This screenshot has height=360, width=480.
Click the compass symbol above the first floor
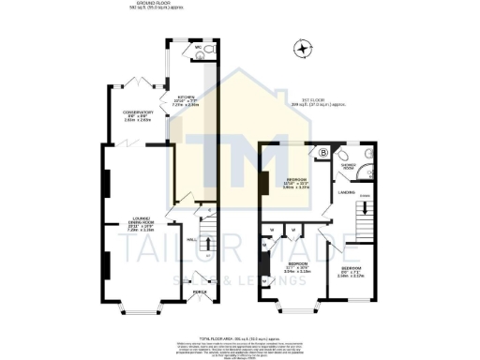click(x=302, y=47)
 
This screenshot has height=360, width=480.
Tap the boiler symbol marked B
click(x=323, y=151)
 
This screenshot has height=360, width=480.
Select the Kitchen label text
click(x=186, y=101)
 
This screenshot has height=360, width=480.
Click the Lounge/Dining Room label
click(x=141, y=226)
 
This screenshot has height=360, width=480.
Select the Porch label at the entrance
click(x=198, y=292)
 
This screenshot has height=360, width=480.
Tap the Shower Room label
click(x=350, y=169)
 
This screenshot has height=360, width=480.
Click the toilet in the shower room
click(x=367, y=154)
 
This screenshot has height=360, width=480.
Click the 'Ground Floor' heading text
click(x=146, y=6)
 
